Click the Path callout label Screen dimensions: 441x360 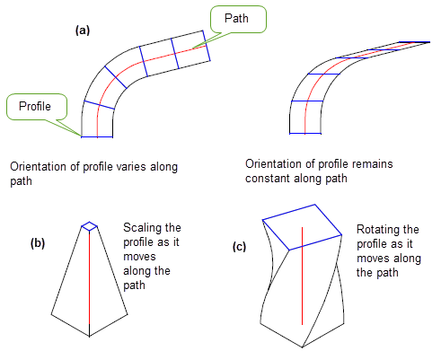236,19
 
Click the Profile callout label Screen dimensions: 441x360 35,106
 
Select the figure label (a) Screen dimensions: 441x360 83,31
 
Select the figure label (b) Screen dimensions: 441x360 38,243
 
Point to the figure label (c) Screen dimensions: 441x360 239,247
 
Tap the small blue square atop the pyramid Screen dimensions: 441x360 90,226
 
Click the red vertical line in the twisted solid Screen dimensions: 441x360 302,276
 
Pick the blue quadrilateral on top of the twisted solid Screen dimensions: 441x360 302,227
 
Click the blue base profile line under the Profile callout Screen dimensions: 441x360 97,137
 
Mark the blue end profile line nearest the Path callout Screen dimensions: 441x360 207,45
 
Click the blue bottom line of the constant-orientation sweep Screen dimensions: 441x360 305,134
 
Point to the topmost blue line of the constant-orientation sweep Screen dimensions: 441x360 415,42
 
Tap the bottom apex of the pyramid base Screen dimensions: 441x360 89,337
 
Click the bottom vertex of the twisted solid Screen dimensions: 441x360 303,347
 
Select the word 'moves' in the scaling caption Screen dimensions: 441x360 139,257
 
